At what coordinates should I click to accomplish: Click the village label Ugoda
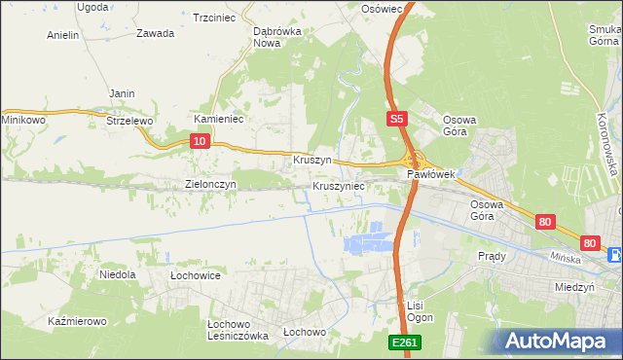pyautogui.click(x=92, y=7)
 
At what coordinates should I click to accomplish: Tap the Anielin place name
pyautogui.click(x=63, y=34)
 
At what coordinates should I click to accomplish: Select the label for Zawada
pyautogui.click(x=156, y=33)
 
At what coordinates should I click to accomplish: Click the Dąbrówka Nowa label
pyautogui.click(x=275, y=37)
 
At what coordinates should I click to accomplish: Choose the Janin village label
pyautogui.click(x=122, y=93)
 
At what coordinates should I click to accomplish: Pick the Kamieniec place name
pyautogui.click(x=218, y=119)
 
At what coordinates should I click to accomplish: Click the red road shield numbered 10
pyautogui.click(x=199, y=141)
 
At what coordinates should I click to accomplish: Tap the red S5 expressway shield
pyautogui.click(x=394, y=119)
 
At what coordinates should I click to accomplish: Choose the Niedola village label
pyautogui.click(x=118, y=275)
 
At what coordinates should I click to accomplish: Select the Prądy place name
pyautogui.click(x=492, y=256)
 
